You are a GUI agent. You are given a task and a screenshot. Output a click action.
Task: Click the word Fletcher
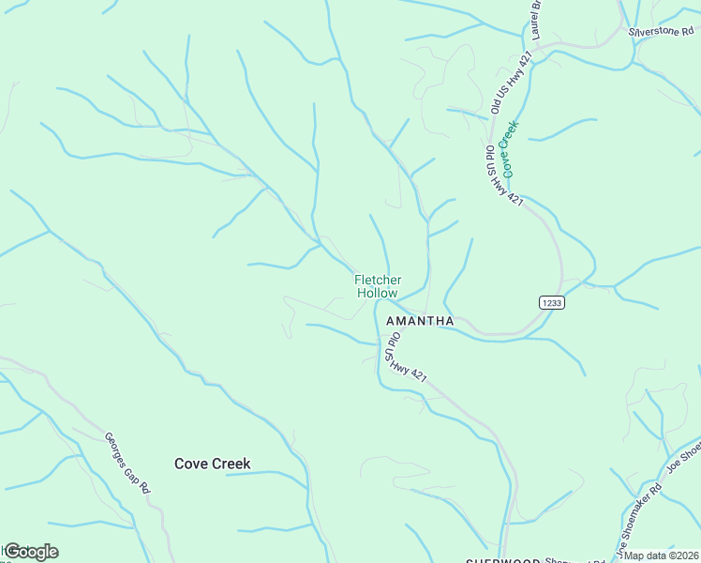click(378, 280)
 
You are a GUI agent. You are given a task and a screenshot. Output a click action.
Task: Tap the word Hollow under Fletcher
click(378, 293)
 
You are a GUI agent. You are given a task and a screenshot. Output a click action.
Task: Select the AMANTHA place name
click(420, 321)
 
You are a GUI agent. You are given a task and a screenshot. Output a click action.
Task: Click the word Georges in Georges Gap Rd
click(116, 449)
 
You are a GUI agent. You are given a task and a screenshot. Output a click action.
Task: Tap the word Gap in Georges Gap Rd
click(135, 471)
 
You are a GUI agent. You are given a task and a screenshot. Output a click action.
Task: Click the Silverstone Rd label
click(664, 31)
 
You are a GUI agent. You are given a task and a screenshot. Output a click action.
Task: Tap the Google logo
click(31, 552)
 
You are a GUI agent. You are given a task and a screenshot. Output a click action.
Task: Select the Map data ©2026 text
click(663, 555)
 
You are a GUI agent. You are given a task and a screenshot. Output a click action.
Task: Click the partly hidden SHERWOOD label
click(503, 559)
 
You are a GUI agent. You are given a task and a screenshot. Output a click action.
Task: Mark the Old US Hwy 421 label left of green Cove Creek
click(502, 176)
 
